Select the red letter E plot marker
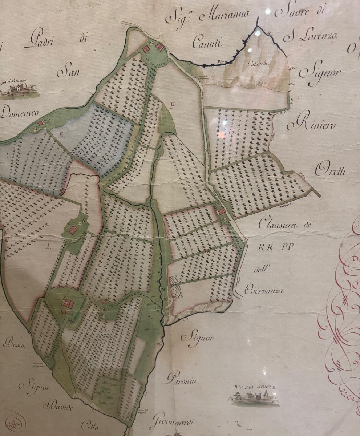(62, 136)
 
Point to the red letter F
(173, 106)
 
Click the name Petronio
(182, 381)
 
